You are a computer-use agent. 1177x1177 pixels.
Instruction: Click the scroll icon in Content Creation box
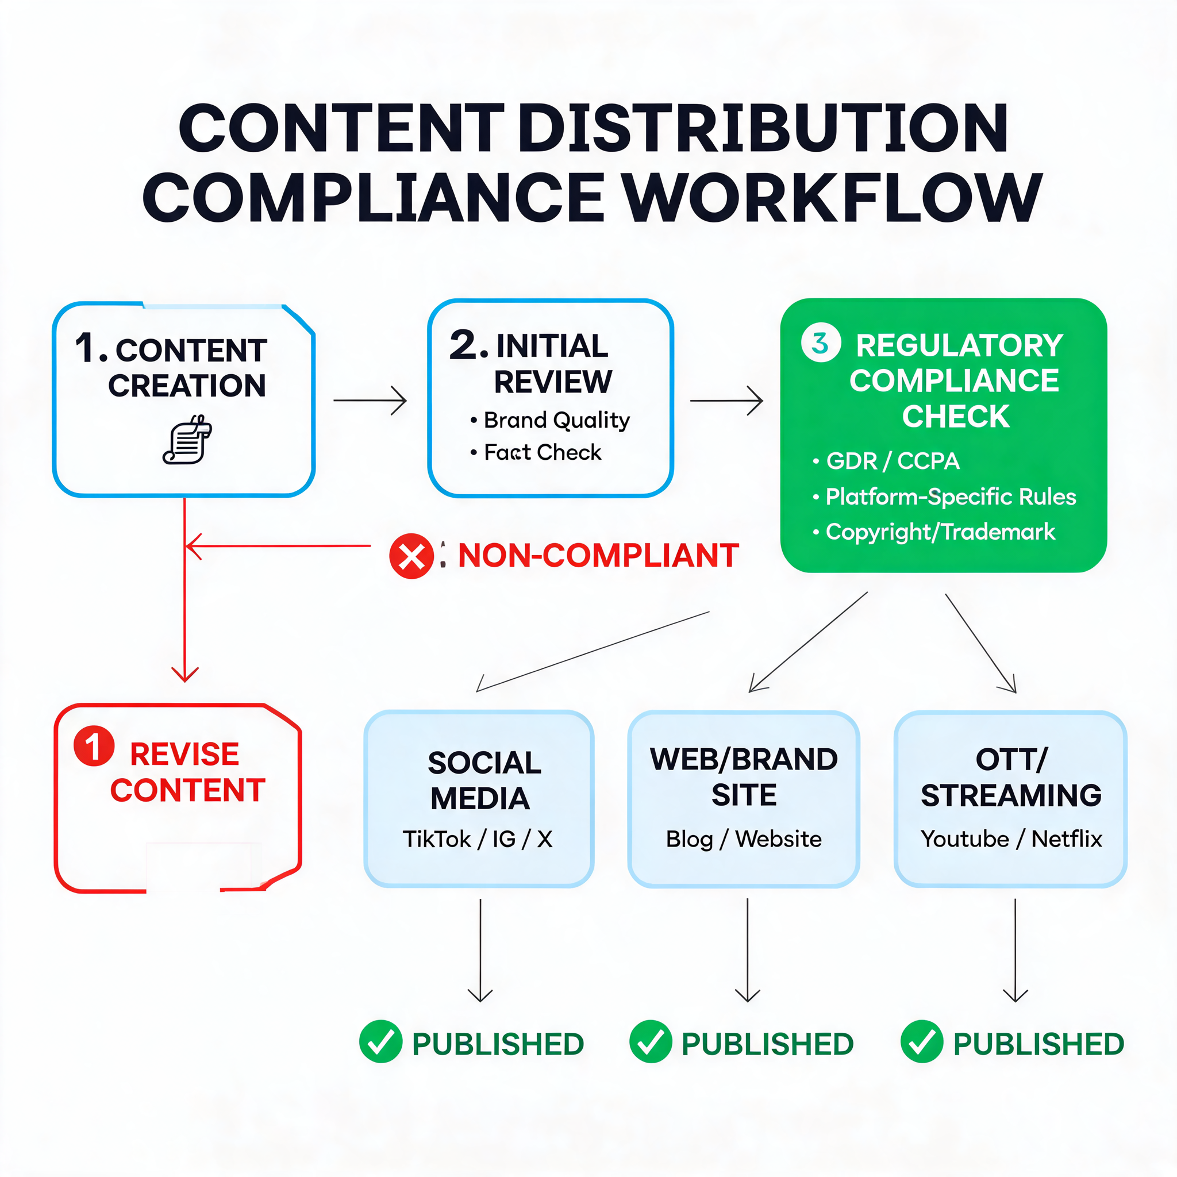[187, 439]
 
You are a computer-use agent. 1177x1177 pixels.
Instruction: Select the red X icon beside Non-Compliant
[411, 556]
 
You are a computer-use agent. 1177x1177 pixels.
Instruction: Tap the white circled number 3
[821, 343]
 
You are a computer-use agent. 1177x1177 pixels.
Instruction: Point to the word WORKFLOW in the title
[834, 198]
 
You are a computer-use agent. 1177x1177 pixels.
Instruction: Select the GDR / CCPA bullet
[893, 461]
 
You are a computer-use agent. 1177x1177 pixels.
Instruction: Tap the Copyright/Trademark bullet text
[940, 532]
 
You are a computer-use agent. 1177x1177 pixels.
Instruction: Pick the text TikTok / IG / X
[478, 839]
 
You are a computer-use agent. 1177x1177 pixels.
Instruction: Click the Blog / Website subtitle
[743, 839]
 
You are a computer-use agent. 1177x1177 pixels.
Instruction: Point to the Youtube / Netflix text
[1011, 839]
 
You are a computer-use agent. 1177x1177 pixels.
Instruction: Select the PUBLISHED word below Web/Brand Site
[768, 1044]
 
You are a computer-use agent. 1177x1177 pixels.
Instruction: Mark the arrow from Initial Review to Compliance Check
[726, 400]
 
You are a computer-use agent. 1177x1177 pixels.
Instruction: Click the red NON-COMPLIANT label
[598, 555]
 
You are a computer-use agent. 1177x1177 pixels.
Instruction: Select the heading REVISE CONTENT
[187, 772]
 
